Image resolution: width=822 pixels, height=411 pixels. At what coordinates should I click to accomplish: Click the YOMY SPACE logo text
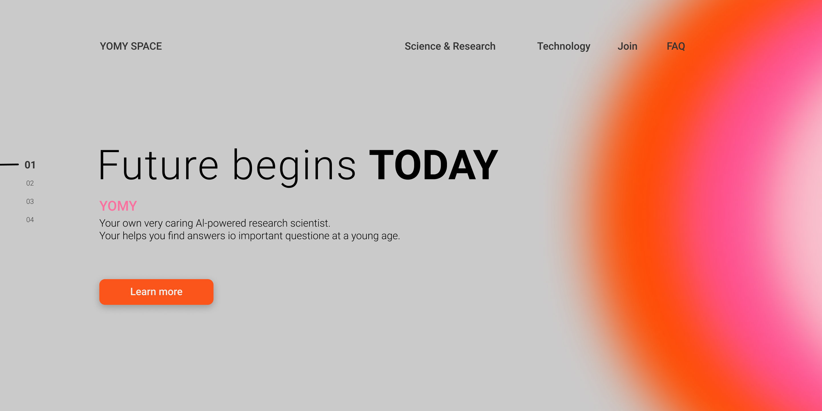(x=131, y=46)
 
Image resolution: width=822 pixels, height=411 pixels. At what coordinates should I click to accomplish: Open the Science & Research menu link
(x=450, y=46)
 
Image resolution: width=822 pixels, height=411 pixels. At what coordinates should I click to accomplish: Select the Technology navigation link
(x=563, y=47)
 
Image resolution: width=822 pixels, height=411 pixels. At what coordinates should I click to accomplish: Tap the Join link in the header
(x=627, y=46)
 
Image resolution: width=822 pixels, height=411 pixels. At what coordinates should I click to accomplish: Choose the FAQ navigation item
(x=676, y=46)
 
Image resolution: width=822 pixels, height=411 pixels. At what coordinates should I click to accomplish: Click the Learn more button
(x=156, y=292)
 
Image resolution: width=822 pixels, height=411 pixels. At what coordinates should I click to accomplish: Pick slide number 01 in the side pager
(x=30, y=165)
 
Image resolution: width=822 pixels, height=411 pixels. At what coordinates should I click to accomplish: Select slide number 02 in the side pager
(x=30, y=183)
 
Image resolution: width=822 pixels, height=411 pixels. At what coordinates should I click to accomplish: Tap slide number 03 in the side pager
(x=30, y=201)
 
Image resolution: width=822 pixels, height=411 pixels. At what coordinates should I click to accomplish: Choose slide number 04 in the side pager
(x=30, y=219)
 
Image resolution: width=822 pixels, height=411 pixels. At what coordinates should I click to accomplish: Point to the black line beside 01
(x=9, y=164)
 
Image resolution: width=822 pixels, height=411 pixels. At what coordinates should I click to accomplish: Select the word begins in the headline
(x=294, y=167)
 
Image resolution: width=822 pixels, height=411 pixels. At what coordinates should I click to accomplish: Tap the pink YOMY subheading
(x=118, y=206)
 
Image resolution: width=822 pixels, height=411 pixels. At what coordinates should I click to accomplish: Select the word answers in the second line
(x=206, y=236)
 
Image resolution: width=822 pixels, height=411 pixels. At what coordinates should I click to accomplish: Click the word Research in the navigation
(x=474, y=46)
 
